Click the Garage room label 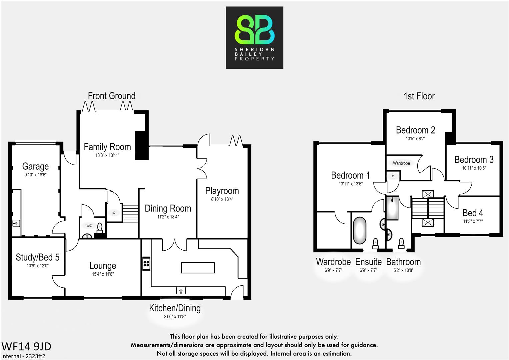coord(35,166)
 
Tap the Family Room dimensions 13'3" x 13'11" coord(107,155)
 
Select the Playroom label coord(222,191)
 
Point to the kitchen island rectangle coord(198,268)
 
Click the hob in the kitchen coord(146,264)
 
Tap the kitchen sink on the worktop coord(181,291)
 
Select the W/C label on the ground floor coord(89,226)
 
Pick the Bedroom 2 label coord(415,130)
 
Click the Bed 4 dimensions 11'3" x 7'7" coord(473,221)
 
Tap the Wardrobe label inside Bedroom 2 coord(401,163)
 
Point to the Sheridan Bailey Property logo coord(254,38)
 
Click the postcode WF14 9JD coord(26,346)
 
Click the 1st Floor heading coord(419,96)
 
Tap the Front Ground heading coord(112,96)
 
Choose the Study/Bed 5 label coord(38,257)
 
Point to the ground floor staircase coord(130,211)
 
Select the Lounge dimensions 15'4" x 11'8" coord(103,274)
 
